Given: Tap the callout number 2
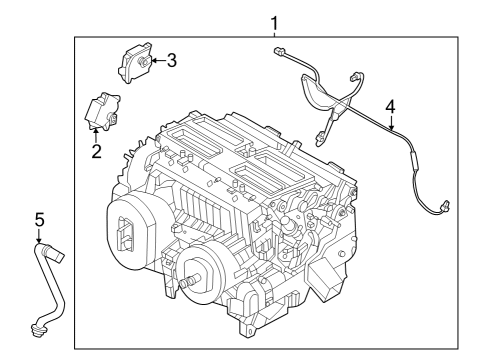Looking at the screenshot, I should pyautogui.click(x=96, y=152).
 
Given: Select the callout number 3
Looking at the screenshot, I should pyautogui.click(x=172, y=61).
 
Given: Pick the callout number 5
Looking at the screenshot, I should pyautogui.click(x=39, y=218).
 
